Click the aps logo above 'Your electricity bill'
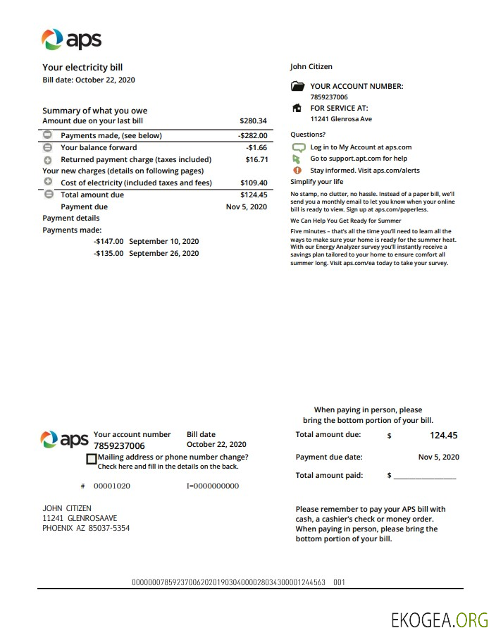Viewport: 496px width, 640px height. pyautogui.click(x=71, y=39)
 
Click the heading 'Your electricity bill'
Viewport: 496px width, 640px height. pyautogui.click(x=82, y=68)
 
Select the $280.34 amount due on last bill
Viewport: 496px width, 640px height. pyautogui.click(x=253, y=121)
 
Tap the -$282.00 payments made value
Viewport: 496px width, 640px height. pyautogui.click(x=252, y=135)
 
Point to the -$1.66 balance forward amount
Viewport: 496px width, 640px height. pyautogui.click(x=256, y=148)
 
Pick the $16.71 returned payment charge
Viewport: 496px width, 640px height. pyautogui.click(x=256, y=160)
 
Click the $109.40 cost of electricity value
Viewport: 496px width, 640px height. pyautogui.click(x=254, y=183)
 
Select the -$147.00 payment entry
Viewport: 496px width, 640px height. pyautogui.click(x=108, y=241)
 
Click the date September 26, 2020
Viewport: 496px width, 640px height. pyautogui.click(x=163, y=254)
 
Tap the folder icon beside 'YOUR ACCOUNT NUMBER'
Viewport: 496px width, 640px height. pyautogui.click(x=297, y=87)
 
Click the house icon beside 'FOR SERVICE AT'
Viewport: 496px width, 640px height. pyautogui.click(x=297, y=109)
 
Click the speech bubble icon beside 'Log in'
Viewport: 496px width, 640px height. pyautogui.click(x=297, y=147)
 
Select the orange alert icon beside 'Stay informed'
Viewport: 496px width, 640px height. pyautogui.click(x=297, y=171)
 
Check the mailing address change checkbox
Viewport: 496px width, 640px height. pyautogui.click(x=91, y=459)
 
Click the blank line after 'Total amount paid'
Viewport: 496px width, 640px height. pyautogui.click(x=424, y=476)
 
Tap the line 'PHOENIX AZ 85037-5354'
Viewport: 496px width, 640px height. pyautogui.click(x=86, y=528)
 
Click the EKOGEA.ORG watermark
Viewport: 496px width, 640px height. pyautogui.click(x=440, y=620)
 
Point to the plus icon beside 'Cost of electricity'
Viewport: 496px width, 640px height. pyautogui.click(x=48, y=183)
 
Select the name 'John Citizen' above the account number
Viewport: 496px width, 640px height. pyautogui.click(x=311, y=67)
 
